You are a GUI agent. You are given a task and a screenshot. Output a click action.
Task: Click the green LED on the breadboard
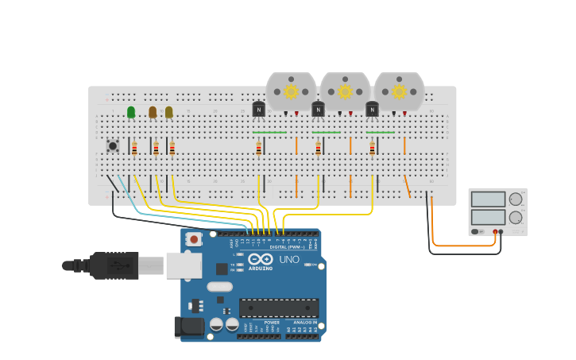coord(131,112)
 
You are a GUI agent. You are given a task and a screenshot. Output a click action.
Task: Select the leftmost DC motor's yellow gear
coord(291,91)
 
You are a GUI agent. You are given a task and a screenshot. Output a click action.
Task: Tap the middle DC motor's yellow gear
coord(345,91)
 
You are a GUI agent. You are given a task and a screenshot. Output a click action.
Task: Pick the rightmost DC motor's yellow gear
coord(399,91)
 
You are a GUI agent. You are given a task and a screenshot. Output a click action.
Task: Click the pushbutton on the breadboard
coord(113,145)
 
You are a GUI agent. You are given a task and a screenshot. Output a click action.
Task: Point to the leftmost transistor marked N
coord(258,110)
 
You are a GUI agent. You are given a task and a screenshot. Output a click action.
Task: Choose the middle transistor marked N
coord(318,110)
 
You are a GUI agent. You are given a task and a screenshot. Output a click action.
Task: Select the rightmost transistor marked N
coord(372,110)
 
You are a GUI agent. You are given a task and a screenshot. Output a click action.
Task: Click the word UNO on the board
coord(289,260)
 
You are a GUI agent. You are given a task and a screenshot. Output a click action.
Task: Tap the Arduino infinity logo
coord(260,259)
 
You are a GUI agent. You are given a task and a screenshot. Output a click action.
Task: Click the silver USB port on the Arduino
coord(184,265)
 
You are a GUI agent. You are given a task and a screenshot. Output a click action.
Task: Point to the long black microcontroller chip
coord(279,308)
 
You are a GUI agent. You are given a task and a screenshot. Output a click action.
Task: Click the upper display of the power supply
coord(487,199)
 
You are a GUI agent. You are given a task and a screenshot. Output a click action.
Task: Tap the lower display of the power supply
coord(487,217)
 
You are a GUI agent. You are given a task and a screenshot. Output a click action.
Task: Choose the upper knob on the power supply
coord(516,199)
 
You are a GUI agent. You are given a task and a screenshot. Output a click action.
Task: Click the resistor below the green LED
coord(134,149)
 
